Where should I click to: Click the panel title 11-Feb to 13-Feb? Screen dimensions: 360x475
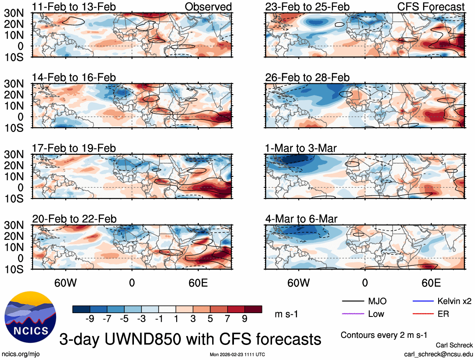tap(74, 7)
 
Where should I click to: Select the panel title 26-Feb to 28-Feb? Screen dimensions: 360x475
tap(307, 77)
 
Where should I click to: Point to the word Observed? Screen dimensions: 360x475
tap(208, 7)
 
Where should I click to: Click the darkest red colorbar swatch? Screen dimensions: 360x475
tap(254, 309)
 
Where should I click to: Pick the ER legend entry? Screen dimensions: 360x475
tap(443, 314)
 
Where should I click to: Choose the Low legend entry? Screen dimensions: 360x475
tap(376, 314)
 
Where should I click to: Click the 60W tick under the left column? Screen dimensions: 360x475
tap(66, 283)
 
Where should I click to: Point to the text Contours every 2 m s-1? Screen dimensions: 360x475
tap(384, 335)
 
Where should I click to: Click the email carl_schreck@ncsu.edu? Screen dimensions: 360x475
tap(439, 354)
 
